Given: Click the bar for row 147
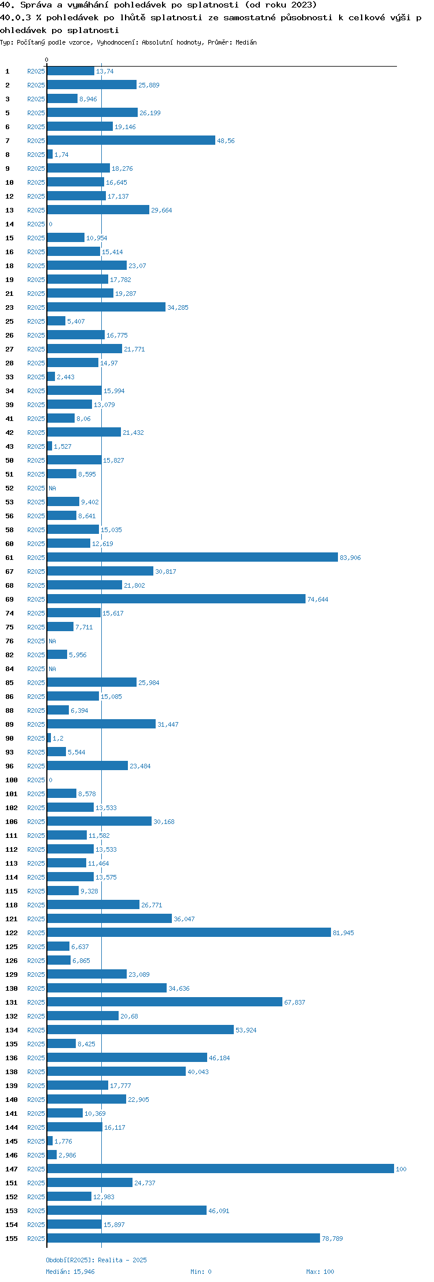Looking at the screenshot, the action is pos(220,1169).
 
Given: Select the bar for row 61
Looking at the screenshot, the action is pos(192,557).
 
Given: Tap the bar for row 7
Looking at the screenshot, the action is pos(131,140).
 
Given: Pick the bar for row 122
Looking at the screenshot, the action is pos(189,932).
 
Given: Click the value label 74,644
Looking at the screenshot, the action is pos(318,599).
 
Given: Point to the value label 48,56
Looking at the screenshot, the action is pos(226,141).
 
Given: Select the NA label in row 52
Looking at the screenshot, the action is pos(52,488).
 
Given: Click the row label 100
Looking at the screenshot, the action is pos(12,780).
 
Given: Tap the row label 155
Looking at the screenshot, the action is pos(12,1239).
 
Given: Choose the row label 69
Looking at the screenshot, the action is pos(9,599).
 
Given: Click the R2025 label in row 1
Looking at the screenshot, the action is pos(36,71).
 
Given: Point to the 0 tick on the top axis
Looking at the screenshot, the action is pos(47,60).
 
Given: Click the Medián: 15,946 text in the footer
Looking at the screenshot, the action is pos(70,1272).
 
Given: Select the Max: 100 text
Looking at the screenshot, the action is pos(320,1272).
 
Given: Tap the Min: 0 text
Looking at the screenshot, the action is pos(201,1272).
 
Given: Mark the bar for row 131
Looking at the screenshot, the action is pos(164,1002).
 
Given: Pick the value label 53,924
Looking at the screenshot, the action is pos(246,1030).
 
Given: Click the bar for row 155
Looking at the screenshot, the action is pos(183,1238).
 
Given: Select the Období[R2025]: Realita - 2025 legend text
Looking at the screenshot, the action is pos(96,1260).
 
